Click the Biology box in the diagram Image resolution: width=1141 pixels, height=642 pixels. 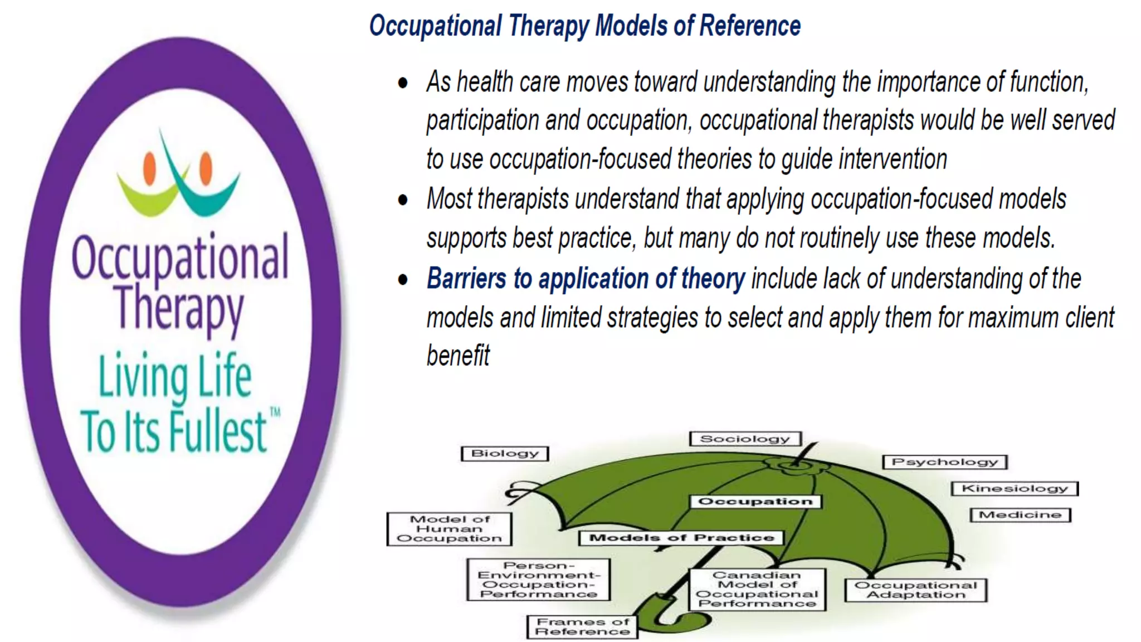click(x=505, y=454)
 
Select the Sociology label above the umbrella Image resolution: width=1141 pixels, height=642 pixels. click(x=745, y=439)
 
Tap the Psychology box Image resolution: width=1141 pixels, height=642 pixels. click(x=945, y=462)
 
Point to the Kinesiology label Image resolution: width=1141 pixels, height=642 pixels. click(x=1015, y=489)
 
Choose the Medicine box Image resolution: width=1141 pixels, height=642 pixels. click(x=1020, y=515)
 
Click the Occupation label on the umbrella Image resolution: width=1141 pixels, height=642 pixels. click(x=755, y=502)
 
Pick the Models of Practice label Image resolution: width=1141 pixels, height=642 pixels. click(x=681, y=538)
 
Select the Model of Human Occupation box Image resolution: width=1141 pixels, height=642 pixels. click(x=449, y=529)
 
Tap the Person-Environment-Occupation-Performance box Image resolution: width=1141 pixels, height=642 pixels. click(x=538, y=580)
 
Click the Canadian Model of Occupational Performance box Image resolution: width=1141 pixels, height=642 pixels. click(x=757, y=590)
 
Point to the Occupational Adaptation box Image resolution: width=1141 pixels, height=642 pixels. click(x=915, y=590)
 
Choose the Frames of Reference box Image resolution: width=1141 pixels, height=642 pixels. click(x=582, y=627)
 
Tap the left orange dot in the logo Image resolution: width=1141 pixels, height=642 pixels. click(x=149, y=168)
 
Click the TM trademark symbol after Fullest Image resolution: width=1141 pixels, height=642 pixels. click(x=275, y=413)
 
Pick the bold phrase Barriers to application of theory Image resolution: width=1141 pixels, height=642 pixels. click(x=586, y=279)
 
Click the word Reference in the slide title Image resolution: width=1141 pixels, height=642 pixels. click(x=750, y=26)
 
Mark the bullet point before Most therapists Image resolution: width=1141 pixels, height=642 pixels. click(x=403, y=200)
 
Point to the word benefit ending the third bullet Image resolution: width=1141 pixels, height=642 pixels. click(x=458, y=356)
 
